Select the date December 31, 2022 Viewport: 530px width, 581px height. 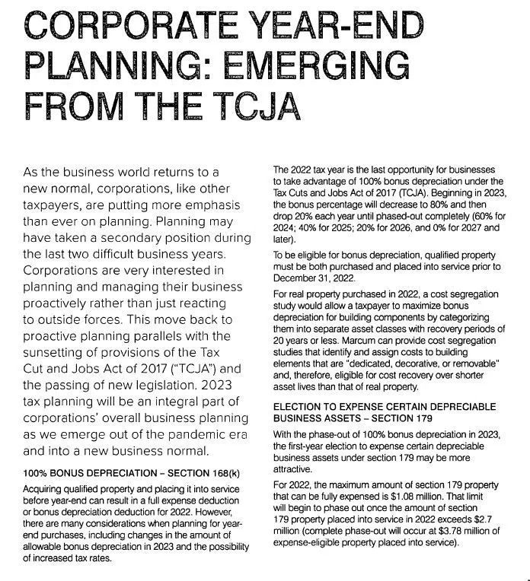point(313,278)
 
